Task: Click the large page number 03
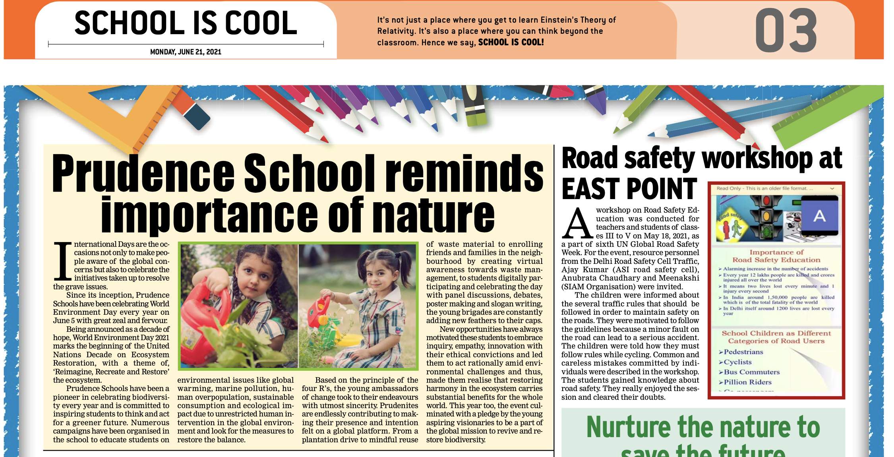tap(786, 31)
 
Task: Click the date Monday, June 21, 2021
tap(186, 52)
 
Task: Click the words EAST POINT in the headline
tap(629, 189)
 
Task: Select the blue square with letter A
tap(819, 216)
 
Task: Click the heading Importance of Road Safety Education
tap(776, 256)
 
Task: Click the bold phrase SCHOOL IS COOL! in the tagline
tap(511, 43)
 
